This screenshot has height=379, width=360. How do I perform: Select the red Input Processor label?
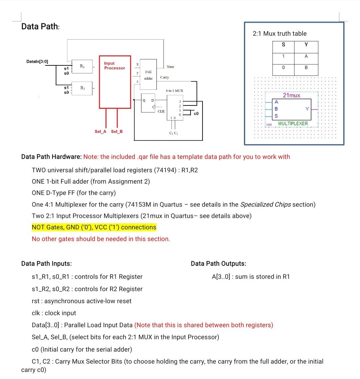coord(114,65)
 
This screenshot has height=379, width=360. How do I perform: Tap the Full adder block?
coord(148,75)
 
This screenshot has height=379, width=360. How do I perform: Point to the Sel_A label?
coord(100,132)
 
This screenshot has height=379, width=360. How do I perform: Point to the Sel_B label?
coord(117,132)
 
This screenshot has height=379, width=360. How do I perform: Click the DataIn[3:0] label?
coord(37,61)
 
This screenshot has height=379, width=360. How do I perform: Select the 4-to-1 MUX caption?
coord(174,90)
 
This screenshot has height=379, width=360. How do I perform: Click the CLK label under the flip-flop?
coord(161,111)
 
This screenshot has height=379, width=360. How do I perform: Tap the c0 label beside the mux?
coord(196,114)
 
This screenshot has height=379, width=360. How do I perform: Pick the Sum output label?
coord(170,67)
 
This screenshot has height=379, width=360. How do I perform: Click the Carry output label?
coord(164,77)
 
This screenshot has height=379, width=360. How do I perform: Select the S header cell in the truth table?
coord(283,45)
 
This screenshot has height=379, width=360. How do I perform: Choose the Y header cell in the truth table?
coord(306,45)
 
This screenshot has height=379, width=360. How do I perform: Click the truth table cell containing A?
coord(306,56)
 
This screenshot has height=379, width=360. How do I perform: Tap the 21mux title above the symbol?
coord(292,96)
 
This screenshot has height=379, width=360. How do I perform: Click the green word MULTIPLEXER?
coord(293,124)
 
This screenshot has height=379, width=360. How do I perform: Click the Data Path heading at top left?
coord(40,26)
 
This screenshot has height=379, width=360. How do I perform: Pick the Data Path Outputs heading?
coord(219,263)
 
